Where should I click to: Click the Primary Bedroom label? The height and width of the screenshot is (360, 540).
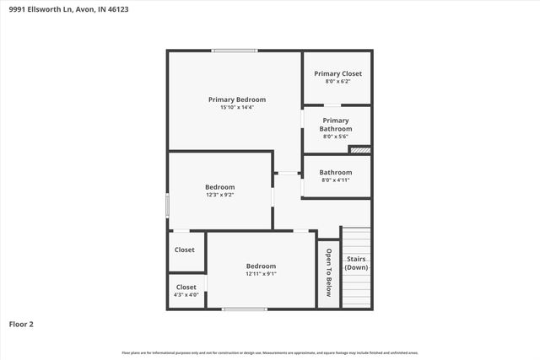click(x=237, y=99)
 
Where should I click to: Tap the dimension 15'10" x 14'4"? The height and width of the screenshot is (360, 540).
click(x=237, y=107)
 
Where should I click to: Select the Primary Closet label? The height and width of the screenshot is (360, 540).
click(x=337, y=73)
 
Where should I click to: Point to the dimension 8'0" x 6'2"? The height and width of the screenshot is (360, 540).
click(x=337, y=81)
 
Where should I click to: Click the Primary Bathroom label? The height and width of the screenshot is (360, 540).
click(x=335, y=125)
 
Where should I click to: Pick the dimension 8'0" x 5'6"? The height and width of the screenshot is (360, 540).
click(x=335, y=137)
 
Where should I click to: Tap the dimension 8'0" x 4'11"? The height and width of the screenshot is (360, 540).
click(x=335, y=180)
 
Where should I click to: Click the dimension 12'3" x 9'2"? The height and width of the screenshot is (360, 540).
click(x=219, y=195)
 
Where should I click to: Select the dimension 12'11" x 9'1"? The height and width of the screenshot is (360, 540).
click(x=261, y=273)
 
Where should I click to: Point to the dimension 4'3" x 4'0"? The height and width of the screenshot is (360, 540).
click(x=186, y=294)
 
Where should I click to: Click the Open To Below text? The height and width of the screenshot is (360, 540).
click(x=329, y=271)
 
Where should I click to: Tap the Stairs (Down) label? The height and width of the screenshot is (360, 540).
click(x=356, y=263)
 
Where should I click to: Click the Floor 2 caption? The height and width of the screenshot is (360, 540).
click(x=21, y=323)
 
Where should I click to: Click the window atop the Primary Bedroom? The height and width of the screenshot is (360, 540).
click(x=235, y=51)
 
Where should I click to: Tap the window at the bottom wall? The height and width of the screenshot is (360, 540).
click(x=245, y=309)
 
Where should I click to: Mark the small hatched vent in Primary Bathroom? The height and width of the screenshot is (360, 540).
click(x=359, y=150)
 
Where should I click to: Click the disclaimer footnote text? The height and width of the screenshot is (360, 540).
click(x=270, y=352)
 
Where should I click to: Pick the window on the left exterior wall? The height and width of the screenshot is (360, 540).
click(x=167, y=205)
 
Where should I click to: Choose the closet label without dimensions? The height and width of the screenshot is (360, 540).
click(x=185, y=250)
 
